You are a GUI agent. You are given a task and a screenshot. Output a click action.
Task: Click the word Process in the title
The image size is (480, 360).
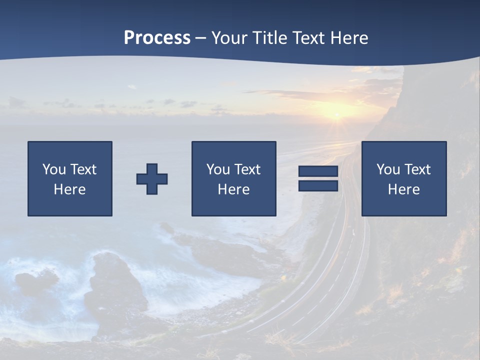[x=157, y=38]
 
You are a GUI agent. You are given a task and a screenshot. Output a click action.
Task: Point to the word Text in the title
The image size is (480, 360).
[x=309, y=38]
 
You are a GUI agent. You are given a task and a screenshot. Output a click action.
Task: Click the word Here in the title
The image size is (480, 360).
[x=349, y=38]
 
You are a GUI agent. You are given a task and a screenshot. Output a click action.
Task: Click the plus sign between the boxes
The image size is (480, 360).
[x=152, y=179]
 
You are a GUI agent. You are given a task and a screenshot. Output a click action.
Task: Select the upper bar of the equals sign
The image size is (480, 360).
[x=318, y=171]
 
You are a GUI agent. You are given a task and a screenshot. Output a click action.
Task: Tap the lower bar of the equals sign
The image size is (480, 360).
[x=318, y=186]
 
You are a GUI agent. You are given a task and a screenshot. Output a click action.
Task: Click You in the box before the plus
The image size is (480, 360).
[x=53, y=169]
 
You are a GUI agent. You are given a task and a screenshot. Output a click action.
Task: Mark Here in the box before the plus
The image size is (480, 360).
[x=69, y=189]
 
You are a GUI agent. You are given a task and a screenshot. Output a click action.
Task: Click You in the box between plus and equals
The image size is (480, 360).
[x=217, y=169]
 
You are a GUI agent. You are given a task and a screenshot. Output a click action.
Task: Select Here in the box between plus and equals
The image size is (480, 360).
[x=233, y=189]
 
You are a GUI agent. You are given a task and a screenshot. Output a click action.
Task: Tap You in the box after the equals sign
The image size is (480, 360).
[x=387, y=169]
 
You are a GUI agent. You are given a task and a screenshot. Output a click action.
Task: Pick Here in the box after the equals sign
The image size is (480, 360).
[x=403, y=189]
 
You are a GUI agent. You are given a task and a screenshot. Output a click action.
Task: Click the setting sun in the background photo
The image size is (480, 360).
[x=336, y=116]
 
